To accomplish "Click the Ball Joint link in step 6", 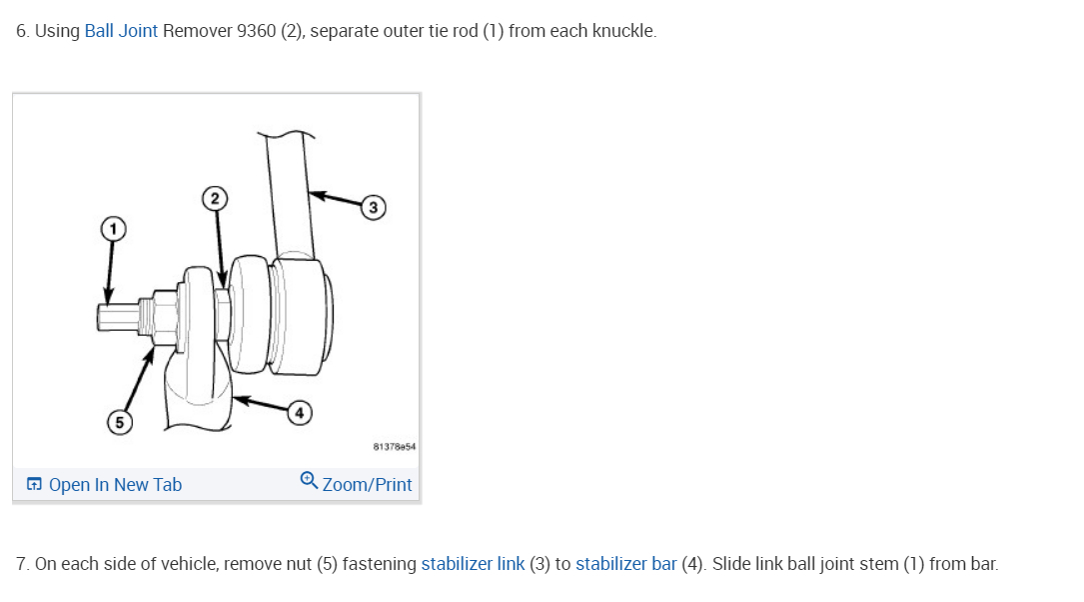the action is [121, 31].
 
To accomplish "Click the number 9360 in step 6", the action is [257, 31].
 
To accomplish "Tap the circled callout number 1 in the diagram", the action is [113, 228].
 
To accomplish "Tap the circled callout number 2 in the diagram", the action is [213, 197].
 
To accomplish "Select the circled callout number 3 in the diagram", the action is [373, 208].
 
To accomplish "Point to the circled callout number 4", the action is [298, 412].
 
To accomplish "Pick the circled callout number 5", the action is [119, 423].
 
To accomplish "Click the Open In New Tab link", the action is [115, 485].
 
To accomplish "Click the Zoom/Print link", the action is [367, 485].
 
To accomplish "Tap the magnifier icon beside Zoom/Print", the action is [310, 481].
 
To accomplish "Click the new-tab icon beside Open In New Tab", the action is [35, 485].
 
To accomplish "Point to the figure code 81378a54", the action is [393, 447].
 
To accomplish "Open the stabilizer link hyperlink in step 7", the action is [473, 564].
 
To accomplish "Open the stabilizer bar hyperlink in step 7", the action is [625, 564].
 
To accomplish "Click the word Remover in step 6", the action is [197, 31].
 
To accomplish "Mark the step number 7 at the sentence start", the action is [22, 564].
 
